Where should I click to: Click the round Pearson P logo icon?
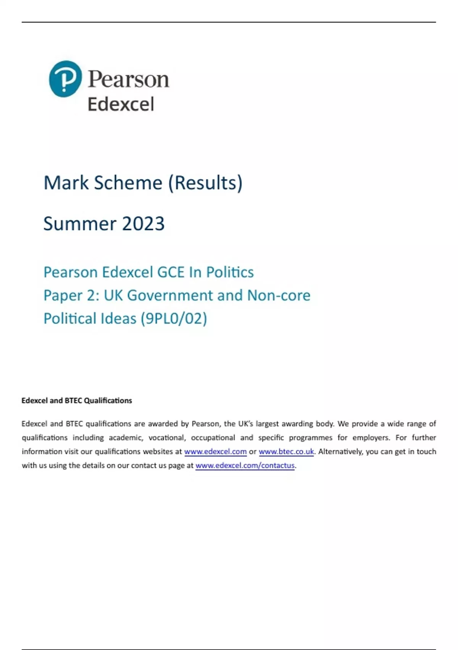pyautogui.click(x=65, y=79)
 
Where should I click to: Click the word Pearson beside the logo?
pyautogui.click(x=129, y=79)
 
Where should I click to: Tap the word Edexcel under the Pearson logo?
pyautogui.click(x=121, y=104)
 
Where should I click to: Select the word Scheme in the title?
pyautogui.click(x=128, y=183)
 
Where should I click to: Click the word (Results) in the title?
pyautogui.click(x=205, y=183)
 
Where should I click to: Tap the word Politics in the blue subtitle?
pyautogui.click(x=230, y=272)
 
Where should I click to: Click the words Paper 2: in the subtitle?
pyautogui.click(x=71, y=296)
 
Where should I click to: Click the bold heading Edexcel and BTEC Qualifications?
pyautogui.click(x=77, y=401)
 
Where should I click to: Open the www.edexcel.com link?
pyautogui.click(x=215, y=452)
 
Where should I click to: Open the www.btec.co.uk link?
pyautogui.click(x=286, y=452)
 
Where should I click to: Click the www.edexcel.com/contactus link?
pyautogui.click(x=245, y=466)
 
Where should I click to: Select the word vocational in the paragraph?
pyautogui.click(x=166, y=438)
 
